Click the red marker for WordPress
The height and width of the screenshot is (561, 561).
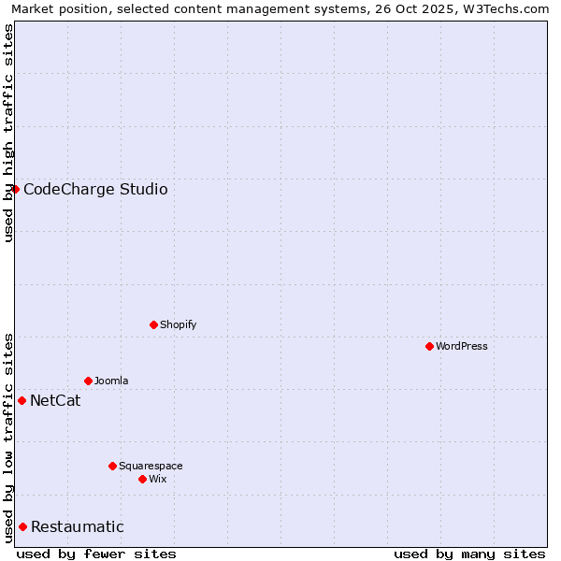429,346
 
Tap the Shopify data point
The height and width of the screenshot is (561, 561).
153,324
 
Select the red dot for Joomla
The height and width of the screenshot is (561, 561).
88,381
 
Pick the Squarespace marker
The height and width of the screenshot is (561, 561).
112,466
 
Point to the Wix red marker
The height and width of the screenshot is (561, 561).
142,479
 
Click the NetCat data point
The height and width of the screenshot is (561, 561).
22,400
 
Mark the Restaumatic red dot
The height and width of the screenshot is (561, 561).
22,526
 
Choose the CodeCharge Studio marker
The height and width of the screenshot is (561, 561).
15,189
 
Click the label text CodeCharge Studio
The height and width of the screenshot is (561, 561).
95,190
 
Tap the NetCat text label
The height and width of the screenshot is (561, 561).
55,401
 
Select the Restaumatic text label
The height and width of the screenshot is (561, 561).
77,527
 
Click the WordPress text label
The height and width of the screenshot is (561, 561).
462,347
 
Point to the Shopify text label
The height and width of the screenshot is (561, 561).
178,325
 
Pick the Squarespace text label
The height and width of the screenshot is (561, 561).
151,467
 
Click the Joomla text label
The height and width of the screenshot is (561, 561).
111,381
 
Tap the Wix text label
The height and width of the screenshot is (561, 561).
157,480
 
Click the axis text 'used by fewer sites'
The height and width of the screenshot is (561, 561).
96,554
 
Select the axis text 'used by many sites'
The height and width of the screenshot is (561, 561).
469,554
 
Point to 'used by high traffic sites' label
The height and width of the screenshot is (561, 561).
8,133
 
